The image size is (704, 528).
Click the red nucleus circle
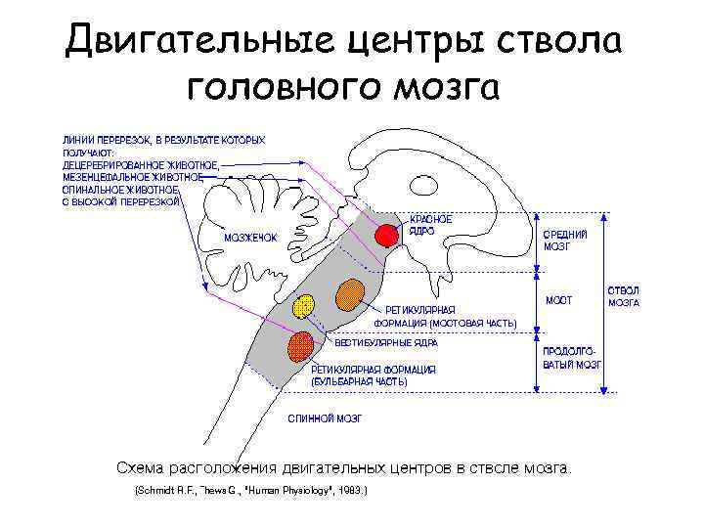388,235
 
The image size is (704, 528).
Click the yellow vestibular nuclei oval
305,304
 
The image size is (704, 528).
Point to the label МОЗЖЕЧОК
251,238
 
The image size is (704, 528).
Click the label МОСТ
559,299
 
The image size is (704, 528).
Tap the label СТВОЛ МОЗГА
624,296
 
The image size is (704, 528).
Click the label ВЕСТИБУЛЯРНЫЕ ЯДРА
386,343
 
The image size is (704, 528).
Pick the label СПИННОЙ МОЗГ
324,418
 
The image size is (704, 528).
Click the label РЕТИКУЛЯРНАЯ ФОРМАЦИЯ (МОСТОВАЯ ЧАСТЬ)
446,316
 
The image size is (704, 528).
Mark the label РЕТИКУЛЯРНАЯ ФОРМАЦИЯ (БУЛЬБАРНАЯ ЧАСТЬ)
373,375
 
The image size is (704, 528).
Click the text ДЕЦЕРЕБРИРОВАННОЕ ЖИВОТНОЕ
141,165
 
